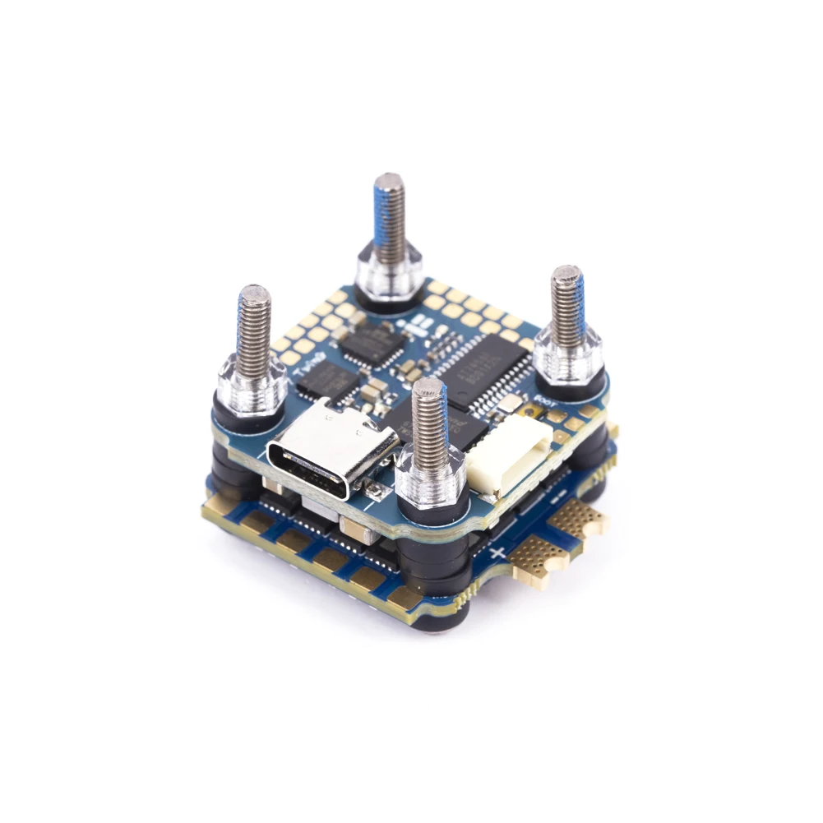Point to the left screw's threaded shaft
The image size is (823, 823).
tap(254, 324)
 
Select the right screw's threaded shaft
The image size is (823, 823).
tap(567, 302)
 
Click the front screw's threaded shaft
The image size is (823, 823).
tap(430, 418)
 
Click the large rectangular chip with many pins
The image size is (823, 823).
tap(486, 369)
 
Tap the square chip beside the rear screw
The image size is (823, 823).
tap(373, 341)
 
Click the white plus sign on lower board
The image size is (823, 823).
tap(497, 553)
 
